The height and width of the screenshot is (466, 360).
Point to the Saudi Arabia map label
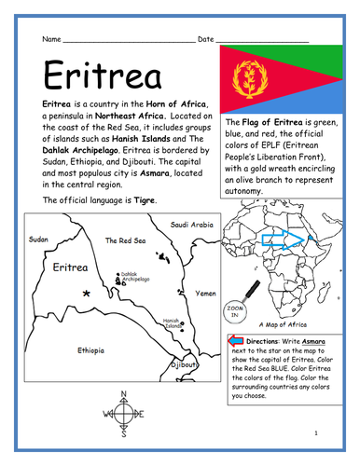pyautogui.click(x=192, y=225)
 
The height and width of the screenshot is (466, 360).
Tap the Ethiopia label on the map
pyautogui.click(x=90, y=351)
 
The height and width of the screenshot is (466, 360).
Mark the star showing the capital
pyautogui.click(x=87, y=294)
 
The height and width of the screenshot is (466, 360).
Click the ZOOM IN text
pyautogui.click(x=232, y=312)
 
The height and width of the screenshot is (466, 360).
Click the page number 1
pyautogui.click(x=317, y=433)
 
